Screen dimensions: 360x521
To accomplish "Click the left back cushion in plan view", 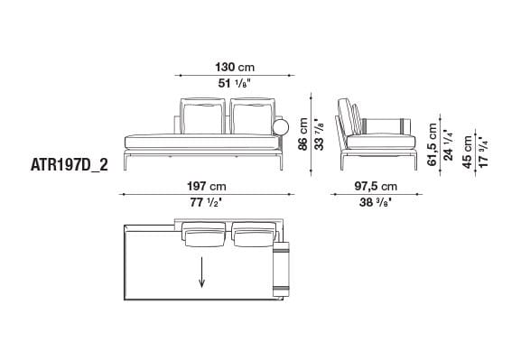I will pyautogui.click(x=204, y=235).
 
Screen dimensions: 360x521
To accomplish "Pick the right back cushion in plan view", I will pyautogui.click(x=252, y=235).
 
